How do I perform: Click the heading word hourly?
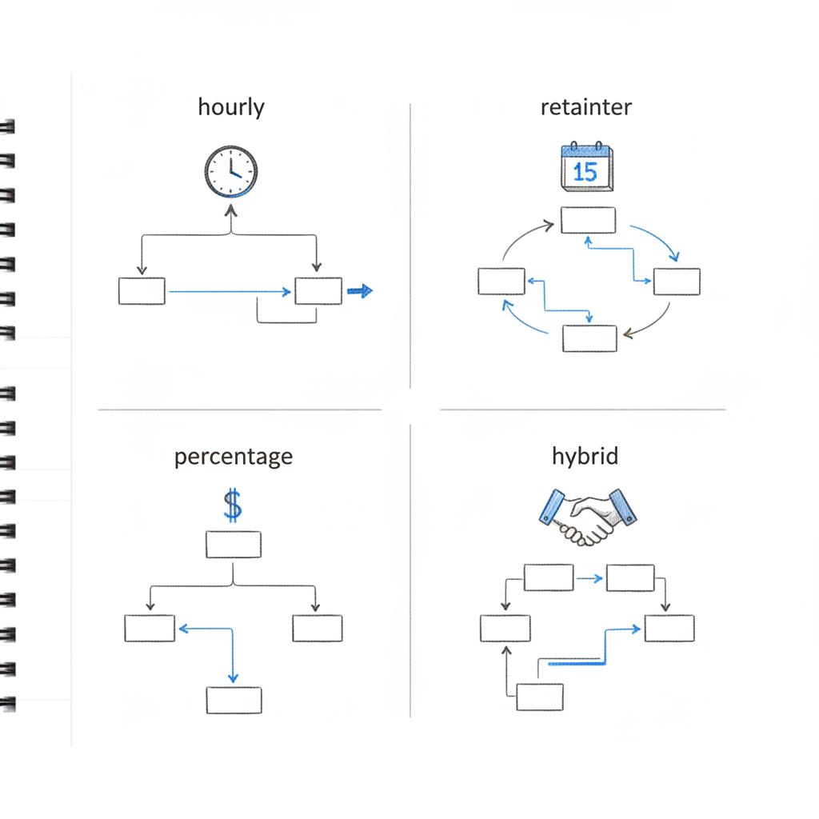coord(231,107)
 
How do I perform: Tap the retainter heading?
coord(586,107)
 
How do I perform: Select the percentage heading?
coord(233,457)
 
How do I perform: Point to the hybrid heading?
coord(585,457)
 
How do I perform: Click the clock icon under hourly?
coord(231,171)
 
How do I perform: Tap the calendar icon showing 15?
coord(586,167)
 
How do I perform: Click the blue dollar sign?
coord(232,506)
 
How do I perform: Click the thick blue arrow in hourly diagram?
coord(361,291)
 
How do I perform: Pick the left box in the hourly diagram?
coord(142,291)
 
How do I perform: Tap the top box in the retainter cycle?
coord(588,220)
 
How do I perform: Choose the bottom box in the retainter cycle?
coord(589,338)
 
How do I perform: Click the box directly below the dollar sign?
coord(233,545)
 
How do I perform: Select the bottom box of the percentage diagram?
coord(234,700)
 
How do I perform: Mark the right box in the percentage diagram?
coord(317,628)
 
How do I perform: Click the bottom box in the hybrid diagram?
coord(539,696)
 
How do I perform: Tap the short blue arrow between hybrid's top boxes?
coord(589,577)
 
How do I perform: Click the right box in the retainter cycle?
coord(677,282)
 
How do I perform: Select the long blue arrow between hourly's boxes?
coord(230,291)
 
